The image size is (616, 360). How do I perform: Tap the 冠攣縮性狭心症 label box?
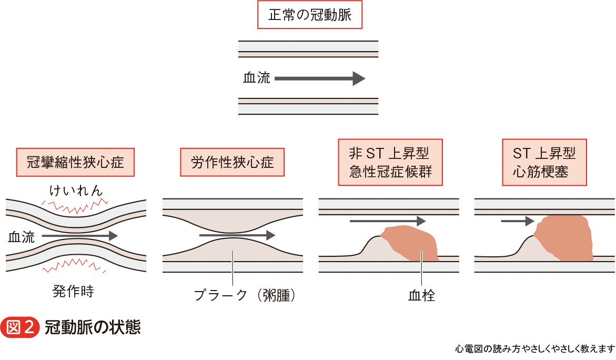click(75, 162)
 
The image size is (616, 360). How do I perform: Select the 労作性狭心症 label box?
click(232, 162)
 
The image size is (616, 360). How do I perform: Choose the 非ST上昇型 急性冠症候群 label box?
click(390, 162)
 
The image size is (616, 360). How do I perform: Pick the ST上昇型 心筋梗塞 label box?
click(544, 162)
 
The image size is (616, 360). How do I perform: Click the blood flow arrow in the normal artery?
click(320, 78)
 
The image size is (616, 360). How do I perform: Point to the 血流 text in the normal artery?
click(256, 78)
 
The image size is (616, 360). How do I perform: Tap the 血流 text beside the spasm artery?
click(22, 237)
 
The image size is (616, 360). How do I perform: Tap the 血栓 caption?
click(421, 295)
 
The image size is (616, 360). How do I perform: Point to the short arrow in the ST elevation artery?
click(517, 221)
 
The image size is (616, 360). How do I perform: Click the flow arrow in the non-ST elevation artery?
click(387, 221)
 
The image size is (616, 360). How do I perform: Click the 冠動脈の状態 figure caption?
click(93, 327)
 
